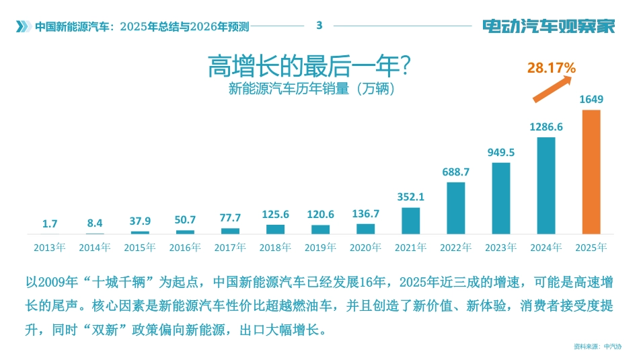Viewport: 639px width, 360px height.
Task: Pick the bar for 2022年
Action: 455,208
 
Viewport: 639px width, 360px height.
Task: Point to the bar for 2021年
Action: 410,221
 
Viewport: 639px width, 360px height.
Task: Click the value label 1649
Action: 591,100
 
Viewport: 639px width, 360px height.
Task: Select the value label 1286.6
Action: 546,127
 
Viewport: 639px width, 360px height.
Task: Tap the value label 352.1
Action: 410,197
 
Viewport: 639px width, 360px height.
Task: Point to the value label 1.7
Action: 50,223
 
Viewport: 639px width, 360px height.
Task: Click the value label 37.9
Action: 140,221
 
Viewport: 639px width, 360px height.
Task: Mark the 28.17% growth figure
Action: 551,67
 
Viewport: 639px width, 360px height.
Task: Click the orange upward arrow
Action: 552,89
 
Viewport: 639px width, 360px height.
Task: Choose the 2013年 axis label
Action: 50,247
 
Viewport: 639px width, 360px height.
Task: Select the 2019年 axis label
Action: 320,247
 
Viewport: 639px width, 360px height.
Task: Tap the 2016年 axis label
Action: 185,247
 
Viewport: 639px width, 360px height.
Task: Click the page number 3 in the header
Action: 319,26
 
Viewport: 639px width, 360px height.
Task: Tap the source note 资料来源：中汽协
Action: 597,347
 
